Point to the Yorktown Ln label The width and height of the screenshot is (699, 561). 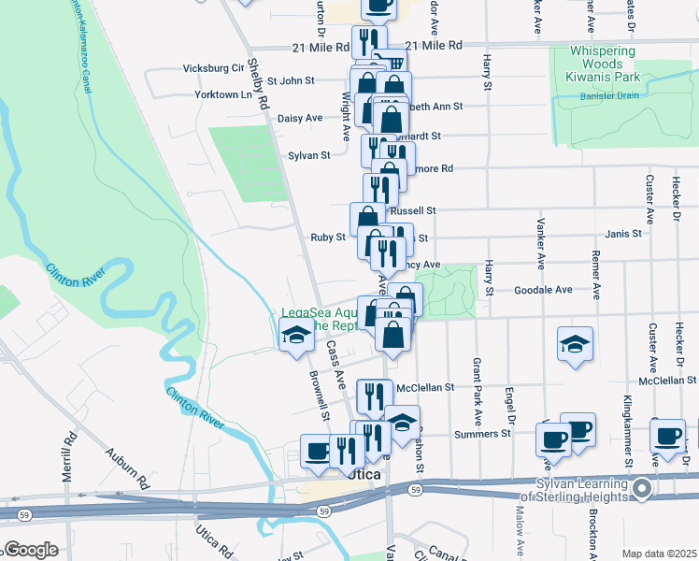coord(224,94)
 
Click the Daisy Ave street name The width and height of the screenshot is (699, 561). coord(300,118)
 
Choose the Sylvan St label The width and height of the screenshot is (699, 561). coord(309,155)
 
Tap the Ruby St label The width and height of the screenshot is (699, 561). coord(328,237)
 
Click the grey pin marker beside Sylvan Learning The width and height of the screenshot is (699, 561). coord(641,489)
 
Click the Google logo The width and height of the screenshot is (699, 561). coord(31,550)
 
